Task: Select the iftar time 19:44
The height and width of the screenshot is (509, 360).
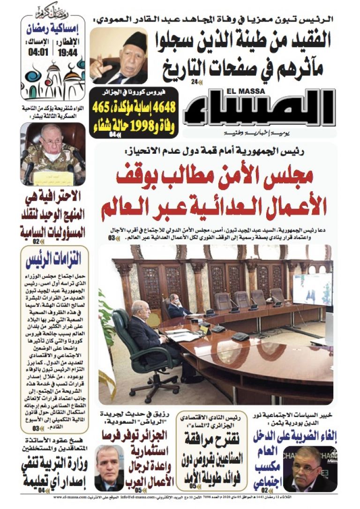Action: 67,52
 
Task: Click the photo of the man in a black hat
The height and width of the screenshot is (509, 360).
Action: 118,56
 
